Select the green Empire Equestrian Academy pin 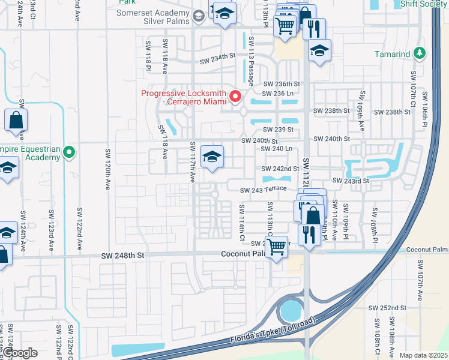(x=69, y=153)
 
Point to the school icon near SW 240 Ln (x=212, y=158)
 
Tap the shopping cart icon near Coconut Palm (x=276, y=246)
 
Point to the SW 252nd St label (x=389, y=308)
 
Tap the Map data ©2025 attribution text (x=423, y=355)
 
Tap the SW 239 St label (x=280, y=130)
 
